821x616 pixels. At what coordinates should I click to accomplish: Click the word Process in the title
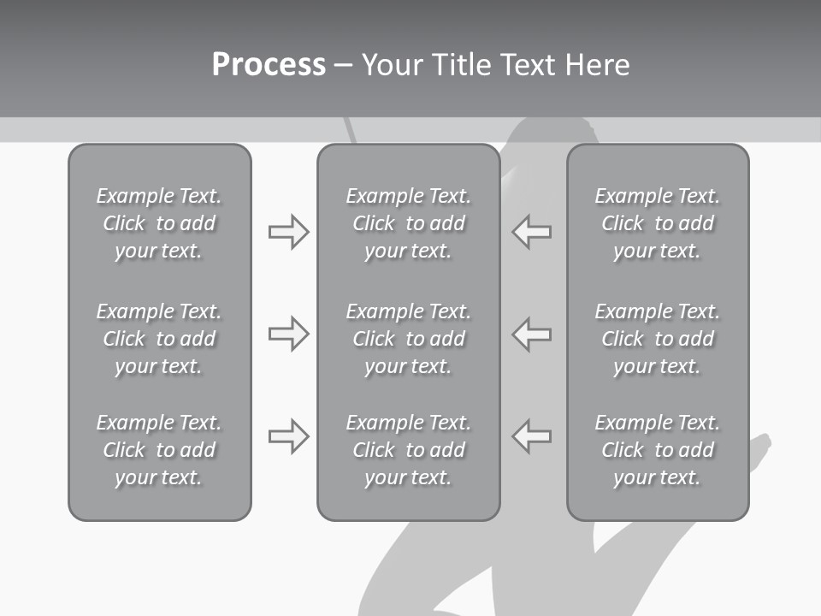269,65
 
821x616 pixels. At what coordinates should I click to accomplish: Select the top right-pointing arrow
288,232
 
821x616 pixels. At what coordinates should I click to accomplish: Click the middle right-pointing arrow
288,334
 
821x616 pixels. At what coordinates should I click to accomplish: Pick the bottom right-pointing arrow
288,436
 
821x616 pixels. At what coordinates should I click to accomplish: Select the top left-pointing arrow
532,232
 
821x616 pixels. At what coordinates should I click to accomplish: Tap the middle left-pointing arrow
532,334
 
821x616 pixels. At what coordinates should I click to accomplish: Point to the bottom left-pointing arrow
532,436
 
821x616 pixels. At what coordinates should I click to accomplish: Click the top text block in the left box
159,223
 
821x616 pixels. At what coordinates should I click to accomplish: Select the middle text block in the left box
159,339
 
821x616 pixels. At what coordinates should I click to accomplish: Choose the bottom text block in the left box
159,450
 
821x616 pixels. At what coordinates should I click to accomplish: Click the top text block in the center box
408,223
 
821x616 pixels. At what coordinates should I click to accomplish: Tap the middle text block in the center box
408,339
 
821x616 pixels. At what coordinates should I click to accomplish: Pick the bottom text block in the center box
408,450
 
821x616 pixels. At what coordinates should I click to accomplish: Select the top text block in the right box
657,223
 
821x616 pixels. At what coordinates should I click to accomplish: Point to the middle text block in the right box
657,339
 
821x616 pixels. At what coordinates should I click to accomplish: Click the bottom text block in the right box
657,450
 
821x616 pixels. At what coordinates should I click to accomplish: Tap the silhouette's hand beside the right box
759,446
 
